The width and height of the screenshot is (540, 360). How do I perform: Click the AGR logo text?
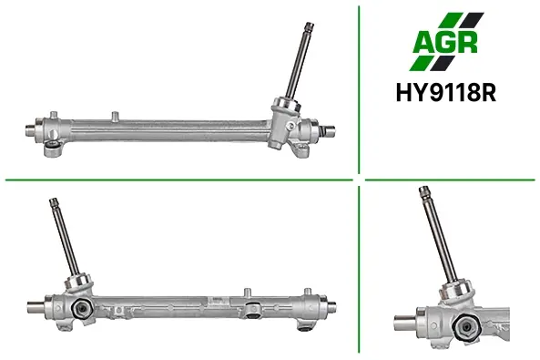[445, 42]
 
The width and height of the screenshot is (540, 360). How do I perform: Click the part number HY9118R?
[446, 93]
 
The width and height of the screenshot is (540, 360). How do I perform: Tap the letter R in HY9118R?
[489, 93]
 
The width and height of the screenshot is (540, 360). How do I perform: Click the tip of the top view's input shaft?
[310, 25]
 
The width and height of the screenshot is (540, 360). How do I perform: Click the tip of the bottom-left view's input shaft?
[54, 201]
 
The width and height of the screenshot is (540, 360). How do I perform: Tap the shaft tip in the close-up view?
[423, 189]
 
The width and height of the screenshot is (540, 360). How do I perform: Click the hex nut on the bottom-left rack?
[82, 307]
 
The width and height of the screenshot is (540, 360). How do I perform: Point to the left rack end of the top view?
[31, 130]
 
